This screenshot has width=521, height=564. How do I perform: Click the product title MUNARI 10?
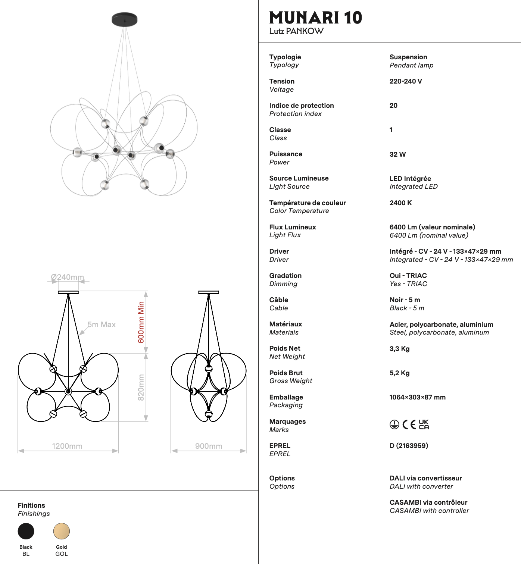click(x=315, y=18)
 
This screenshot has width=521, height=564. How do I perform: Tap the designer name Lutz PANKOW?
click(x=296, y=31)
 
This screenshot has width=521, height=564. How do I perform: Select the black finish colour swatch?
click(x=26, y=531)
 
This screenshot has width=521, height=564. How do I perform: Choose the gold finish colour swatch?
click(x=62, y=531)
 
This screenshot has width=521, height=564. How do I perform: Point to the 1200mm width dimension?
click(x=67, y=446)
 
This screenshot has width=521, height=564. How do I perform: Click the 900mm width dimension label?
click(x=209, y=446)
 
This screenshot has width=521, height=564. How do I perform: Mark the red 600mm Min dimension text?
click(x=141, y=322)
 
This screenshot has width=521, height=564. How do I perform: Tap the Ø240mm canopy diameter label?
click(x=68, y=277)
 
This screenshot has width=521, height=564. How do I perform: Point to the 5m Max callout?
click(x=102, y=325)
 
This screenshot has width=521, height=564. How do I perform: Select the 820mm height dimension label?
click(x=141, y=388)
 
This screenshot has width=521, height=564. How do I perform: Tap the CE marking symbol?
click(x=409, y=424)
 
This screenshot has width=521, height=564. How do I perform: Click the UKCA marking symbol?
click(x=424, y=424)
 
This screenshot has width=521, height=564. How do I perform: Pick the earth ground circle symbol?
click(x=394, y=424)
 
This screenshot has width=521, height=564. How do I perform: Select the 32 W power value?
click(x=397, y=154)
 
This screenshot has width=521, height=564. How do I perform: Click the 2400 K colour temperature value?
click(x=400, y=203)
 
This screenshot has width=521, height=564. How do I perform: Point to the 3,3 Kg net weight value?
click(x=399, y=349)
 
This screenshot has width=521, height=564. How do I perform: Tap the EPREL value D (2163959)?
click(x=409, y=446)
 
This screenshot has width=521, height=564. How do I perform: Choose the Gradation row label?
click(x=286, y=276)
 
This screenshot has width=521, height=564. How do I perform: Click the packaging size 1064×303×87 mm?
click(x=417, y=397)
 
